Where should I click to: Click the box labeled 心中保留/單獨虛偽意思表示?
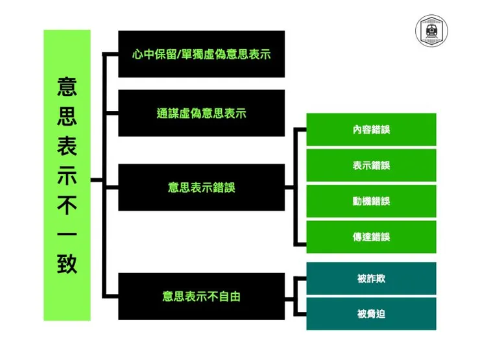click(x=202, y=54)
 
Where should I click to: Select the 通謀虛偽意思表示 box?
click(x=202, y=113)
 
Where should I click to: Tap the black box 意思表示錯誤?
click(x=202, y=187)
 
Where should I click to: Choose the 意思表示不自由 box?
click(x=202, y=296)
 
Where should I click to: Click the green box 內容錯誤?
click(x=371, y=130)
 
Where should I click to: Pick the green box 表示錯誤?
click(x=371, y=165)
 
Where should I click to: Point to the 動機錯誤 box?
click(x=371, y=201)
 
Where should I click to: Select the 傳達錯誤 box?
click(x=371, y=237)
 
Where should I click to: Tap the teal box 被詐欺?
click(x=371, y=278)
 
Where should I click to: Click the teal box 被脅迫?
click(x=371, y=314)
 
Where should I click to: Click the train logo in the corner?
click(x=431, y=30)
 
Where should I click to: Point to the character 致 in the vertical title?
click(x=67, y=263)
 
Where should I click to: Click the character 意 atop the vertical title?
click(x=67, y=87)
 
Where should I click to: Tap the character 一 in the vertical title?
click(x=67, y=234)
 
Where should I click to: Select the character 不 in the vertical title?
click(x=67, y=205)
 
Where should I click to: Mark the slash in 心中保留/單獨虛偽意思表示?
click(x=179, y=54)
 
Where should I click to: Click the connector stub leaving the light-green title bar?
click(x=97, y=180)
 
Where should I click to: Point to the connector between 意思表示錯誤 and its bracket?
click(x=289, y=187)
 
